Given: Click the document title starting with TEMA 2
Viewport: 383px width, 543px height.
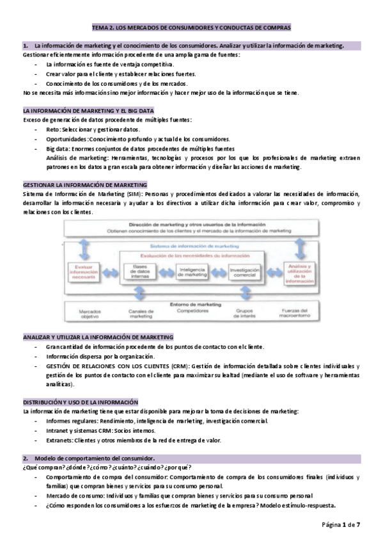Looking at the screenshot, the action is coord(191,28).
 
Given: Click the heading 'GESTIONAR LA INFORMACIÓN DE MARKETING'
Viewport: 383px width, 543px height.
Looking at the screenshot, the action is coord(85,183).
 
